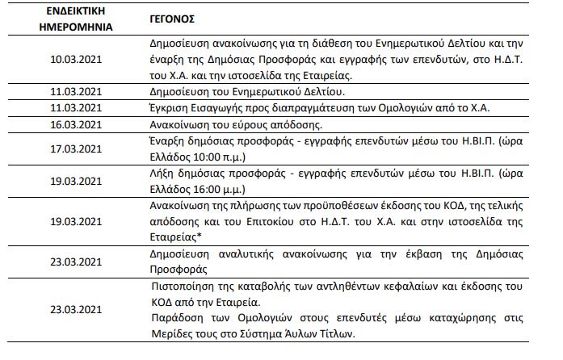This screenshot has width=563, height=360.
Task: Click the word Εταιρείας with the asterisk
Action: point(179,234)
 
